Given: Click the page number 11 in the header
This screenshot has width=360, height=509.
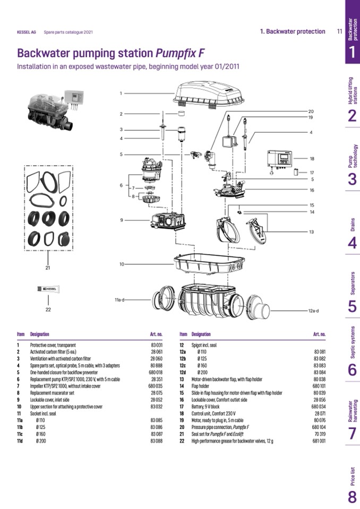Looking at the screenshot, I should click(339, 31).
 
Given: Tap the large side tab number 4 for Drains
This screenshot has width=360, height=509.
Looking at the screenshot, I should click(352, 243).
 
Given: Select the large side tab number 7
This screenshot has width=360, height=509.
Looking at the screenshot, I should click(352, 433).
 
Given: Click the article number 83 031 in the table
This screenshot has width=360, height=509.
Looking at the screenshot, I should click(156, 346).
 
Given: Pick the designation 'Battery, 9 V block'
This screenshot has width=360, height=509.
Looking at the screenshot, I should click(212, 407).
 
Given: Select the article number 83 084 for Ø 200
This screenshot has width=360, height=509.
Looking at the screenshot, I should click(319, 372).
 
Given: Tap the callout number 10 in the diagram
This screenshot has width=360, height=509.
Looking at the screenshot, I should click(122, 264).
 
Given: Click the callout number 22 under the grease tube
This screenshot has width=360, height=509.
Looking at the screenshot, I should click(48, 309).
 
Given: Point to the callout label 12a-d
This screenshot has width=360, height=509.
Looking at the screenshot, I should click(316, 310).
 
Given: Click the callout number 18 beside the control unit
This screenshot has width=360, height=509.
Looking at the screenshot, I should click(312, 159).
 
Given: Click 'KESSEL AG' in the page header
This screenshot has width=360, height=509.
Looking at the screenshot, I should click(27, 32).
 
